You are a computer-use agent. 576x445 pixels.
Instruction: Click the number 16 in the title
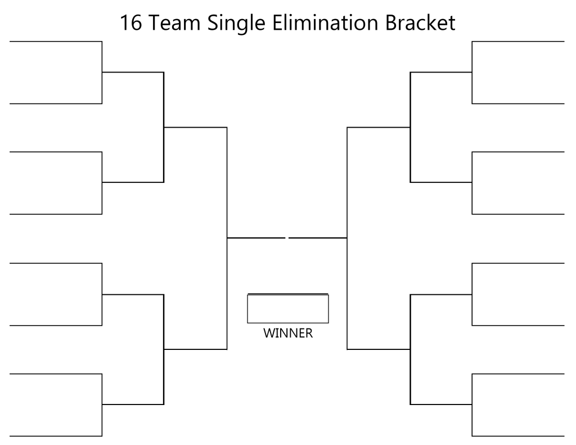[131, 23]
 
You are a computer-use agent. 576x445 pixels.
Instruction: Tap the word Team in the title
[175, 23]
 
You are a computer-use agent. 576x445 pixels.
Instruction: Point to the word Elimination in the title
[325, 23]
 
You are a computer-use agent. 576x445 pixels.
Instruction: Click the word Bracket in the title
[420, 23]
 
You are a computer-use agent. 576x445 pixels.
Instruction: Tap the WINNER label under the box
[288, 333]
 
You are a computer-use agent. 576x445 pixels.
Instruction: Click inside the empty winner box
[288, 309]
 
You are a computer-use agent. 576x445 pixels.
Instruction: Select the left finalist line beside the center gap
[256, 238]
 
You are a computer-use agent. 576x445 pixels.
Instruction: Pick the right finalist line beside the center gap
[318, 238]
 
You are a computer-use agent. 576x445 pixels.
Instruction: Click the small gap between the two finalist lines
[287, 238]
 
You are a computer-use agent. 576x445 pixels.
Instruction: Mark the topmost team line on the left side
[56, 42]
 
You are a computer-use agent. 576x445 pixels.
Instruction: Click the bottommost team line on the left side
[56, 436]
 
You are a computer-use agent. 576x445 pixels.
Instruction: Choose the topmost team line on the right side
[518, 42]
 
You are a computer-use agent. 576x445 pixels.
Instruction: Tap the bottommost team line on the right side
[518, 436]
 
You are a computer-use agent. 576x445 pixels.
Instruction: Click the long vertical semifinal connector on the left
[227, 238]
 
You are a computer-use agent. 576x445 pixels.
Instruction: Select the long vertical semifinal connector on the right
[347, 238]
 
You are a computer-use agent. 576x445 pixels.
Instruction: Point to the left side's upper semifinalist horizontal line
[195, 128]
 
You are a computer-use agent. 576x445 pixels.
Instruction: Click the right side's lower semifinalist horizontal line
[379, 349]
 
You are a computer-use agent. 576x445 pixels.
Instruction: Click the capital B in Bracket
[390, 23]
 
